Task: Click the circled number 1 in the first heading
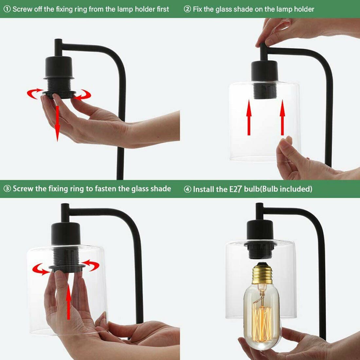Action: [x=7, y=9]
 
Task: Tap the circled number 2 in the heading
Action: [x=187, y=9]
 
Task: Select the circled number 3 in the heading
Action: [x=7, y=189]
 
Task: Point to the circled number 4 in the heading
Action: [x=187, y=189]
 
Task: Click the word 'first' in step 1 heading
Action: [x=163, y=9]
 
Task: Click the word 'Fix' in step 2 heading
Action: [x=198, y=9]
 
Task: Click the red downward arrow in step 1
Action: [x=57, y=123]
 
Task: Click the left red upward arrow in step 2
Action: [x=249, y=117]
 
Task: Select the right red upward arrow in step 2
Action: [x=282, y=117]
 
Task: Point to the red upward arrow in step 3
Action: [x=68, y=301]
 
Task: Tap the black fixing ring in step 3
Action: [x=67, y=267]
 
